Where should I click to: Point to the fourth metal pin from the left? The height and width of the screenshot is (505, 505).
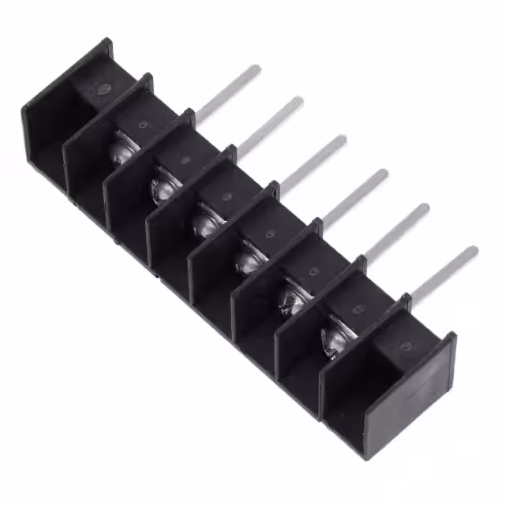point(354,197)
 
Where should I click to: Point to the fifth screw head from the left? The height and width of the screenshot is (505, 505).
point(291,299)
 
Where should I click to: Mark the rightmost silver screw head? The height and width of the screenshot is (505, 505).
point(335,338)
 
